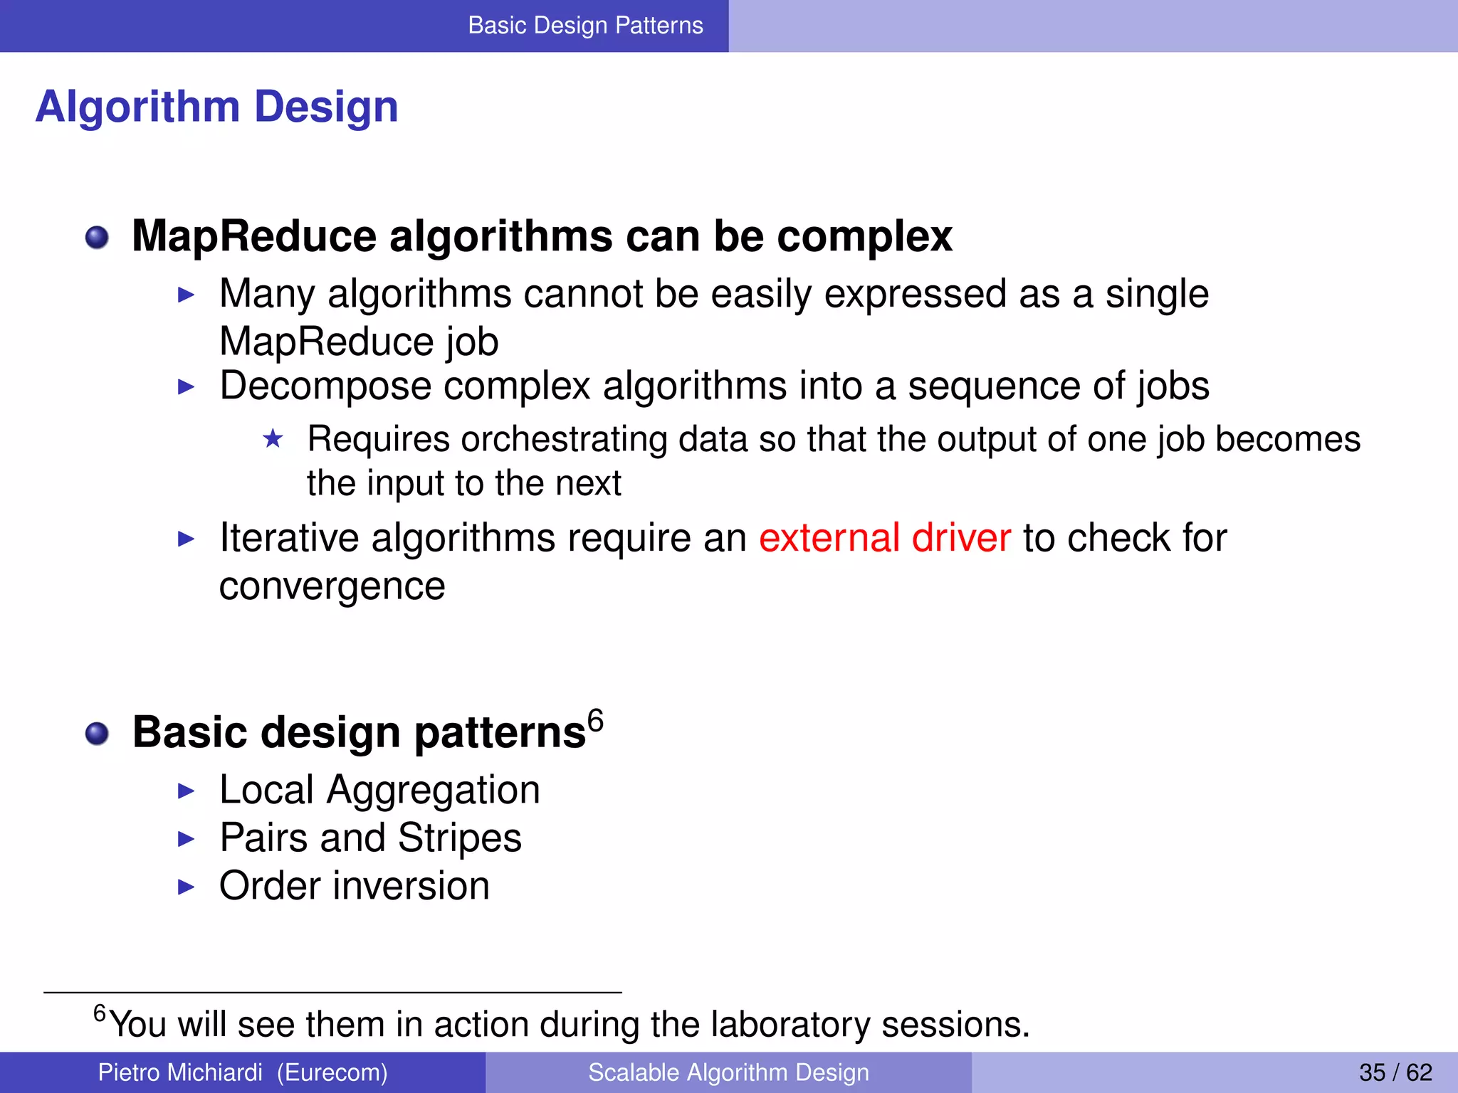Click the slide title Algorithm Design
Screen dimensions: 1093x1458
[216, 107]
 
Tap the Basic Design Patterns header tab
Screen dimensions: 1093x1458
[585, 26]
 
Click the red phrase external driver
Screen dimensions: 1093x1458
[884, 538]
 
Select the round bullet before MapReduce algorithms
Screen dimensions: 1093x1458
[97, 238]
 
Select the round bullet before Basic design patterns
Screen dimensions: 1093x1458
[97, 734]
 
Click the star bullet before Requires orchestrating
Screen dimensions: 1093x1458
[273, 439]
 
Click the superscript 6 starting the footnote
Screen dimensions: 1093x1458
[100, 1012]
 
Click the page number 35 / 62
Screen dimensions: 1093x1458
[1395, 1072]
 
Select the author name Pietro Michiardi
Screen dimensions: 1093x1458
[179, 1072]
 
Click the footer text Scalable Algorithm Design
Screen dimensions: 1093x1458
[728, 1072]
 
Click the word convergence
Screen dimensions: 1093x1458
[332, 586]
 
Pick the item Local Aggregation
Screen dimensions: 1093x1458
[379, 790]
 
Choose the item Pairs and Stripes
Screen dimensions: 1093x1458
[370, 838]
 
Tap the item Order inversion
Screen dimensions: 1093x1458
[354, 886]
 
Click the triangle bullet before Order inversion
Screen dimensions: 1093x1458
[186, 887]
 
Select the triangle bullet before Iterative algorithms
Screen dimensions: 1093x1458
[186, 539]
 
